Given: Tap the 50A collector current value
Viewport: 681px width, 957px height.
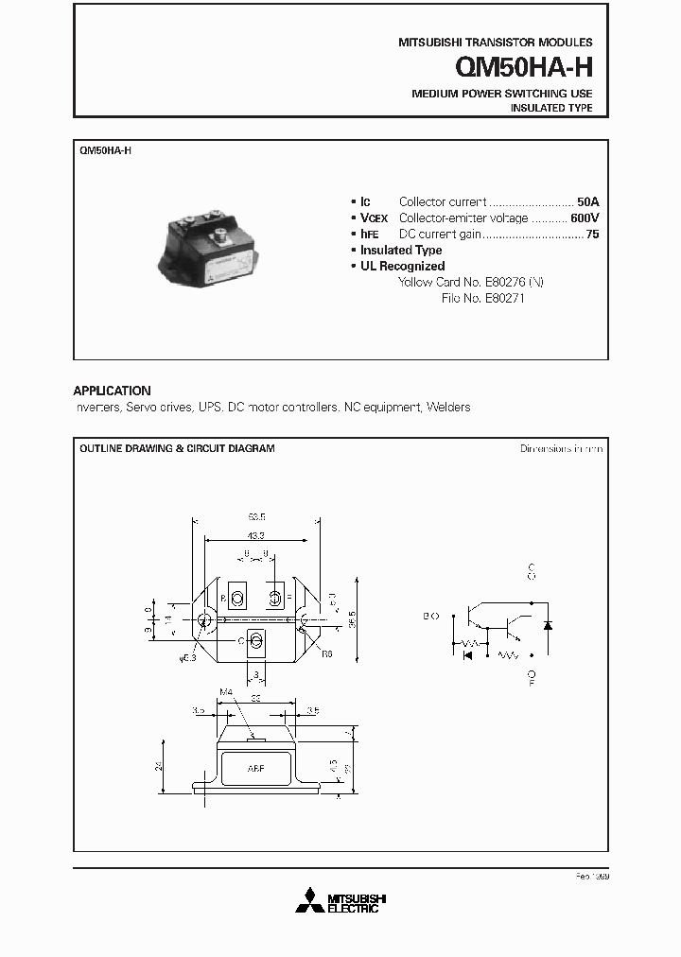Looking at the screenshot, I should click(x=588, y=201).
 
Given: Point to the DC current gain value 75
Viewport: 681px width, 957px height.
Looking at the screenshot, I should click(x=592, y=234).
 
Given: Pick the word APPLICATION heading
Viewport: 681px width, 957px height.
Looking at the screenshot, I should click(x=112, y=391).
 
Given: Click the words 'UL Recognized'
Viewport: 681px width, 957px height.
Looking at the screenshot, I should click(x=402, y=267).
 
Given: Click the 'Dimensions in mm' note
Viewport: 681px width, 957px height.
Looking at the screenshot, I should click(x=561, y=448).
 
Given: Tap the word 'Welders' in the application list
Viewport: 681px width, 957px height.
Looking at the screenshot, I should click(x=448, y=408).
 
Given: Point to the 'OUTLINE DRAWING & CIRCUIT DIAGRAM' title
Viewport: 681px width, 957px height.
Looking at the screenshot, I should click(x=177, y=448).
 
